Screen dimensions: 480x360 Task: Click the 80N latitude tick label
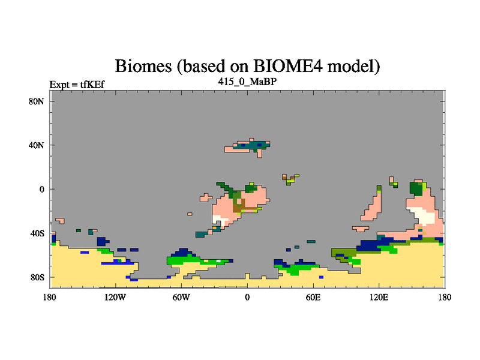tap(37, 101)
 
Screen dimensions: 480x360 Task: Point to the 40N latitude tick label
tap(37, 145)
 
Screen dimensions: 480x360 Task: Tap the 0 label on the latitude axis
tap(41, 189)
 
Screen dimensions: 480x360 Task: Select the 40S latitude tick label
tap(37, 233)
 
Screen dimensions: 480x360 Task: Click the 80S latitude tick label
tap(37, 277)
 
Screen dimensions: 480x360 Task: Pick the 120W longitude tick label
tap(115, 297)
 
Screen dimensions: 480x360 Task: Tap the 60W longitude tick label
tap(181, 297)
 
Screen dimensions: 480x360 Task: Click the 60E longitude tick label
tap(313, 297)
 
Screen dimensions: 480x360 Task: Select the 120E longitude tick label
tap(379, 297)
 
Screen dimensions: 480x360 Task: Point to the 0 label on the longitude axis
tap(247, 297)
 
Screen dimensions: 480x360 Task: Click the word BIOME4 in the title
tap(288, 66)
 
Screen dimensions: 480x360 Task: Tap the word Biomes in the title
tap(143, 66)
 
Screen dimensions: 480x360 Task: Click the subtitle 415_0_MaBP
tap(247, 82)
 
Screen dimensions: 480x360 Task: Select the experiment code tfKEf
tap(92, 85)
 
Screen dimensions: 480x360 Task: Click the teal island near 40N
tap(251, 145)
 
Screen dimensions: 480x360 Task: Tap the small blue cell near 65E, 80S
tap(321, 277)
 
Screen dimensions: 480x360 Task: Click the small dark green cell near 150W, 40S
tap(79, 230)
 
